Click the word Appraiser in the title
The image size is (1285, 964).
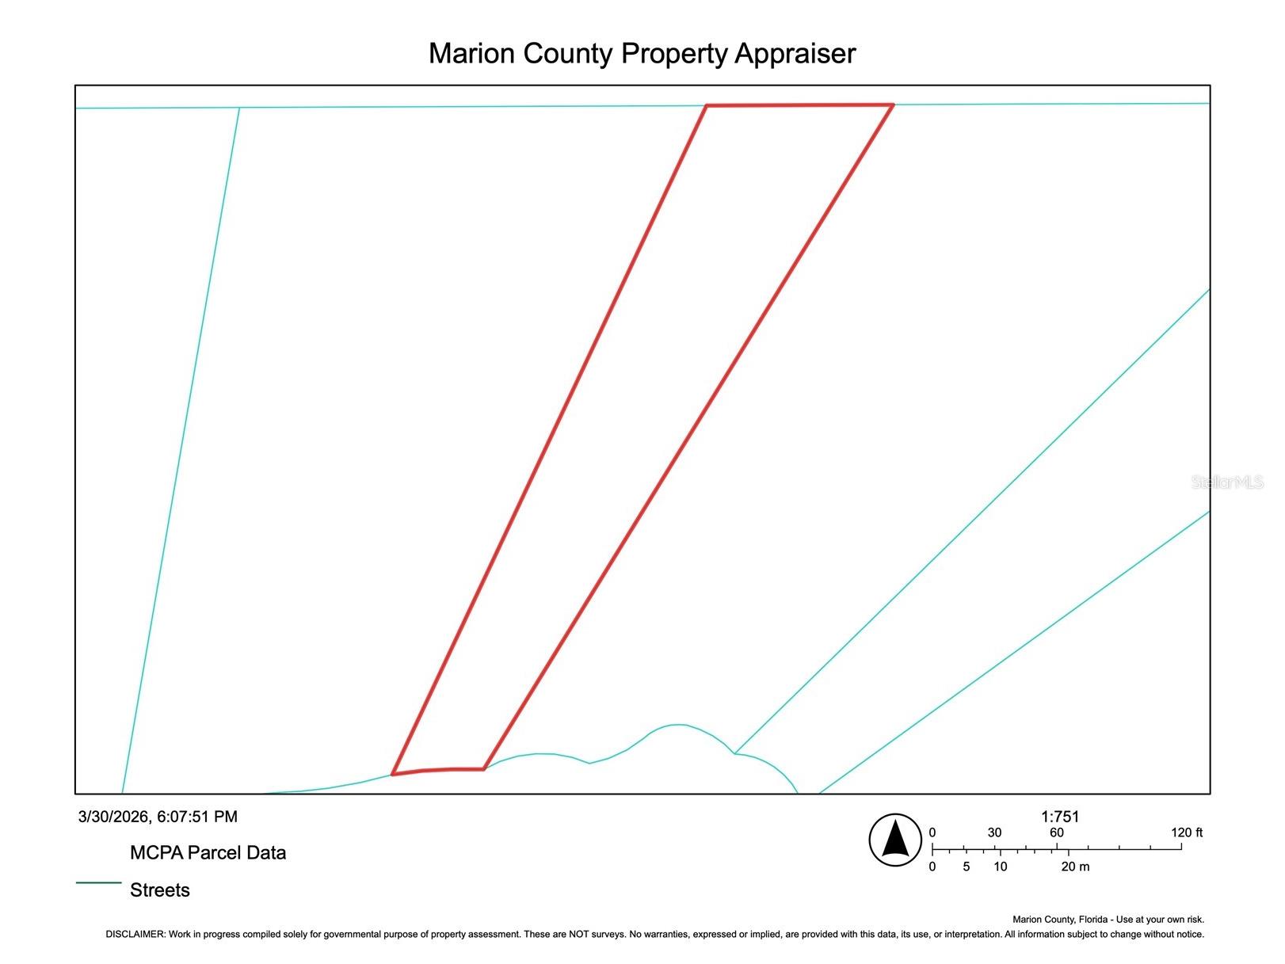point(795,54)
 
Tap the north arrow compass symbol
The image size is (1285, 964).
point(894,840)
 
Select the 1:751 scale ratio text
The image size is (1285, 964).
point(1060,817)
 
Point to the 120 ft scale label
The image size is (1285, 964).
point(1187,833)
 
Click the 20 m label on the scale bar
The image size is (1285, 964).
point(1075,867)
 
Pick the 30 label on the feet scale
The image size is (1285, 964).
point(994,833)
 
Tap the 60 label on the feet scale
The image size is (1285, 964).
point(1056,833)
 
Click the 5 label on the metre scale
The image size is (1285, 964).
point(966,867)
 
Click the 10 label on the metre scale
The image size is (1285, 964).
point(1000,867)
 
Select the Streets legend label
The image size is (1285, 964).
point(160,890)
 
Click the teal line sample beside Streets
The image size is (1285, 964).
point(98,882)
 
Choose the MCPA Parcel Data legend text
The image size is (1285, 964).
point(208,853)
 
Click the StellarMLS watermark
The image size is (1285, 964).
point(1228,482)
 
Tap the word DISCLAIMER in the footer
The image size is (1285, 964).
point(135,934)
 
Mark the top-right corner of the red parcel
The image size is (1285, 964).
point(894,105)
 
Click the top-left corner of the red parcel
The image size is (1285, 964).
point(707,106)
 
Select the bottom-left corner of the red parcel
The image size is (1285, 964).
point(392,775)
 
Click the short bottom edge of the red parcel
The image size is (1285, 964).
point(438,770)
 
